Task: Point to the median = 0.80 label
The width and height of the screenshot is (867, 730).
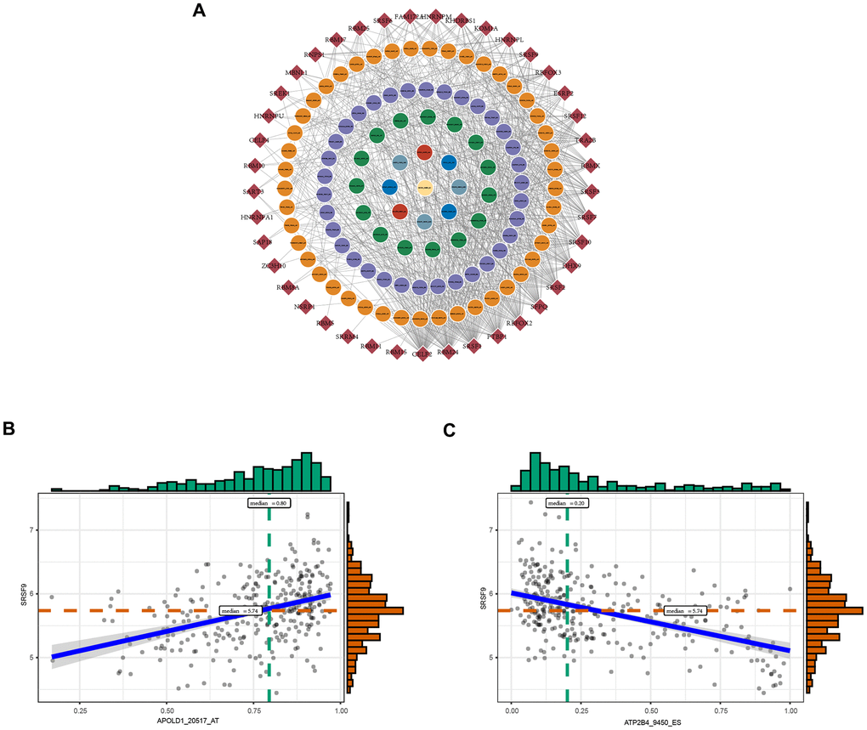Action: click(269, 503)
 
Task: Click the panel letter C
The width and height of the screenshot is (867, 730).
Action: click(450, 431)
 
